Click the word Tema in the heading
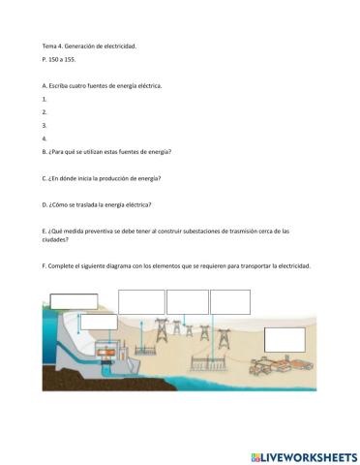click(x=49, y=46)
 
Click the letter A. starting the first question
click(x=45, y=85)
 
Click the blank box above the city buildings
click(x=284, y=338)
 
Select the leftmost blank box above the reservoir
click(x=74, y=300)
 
